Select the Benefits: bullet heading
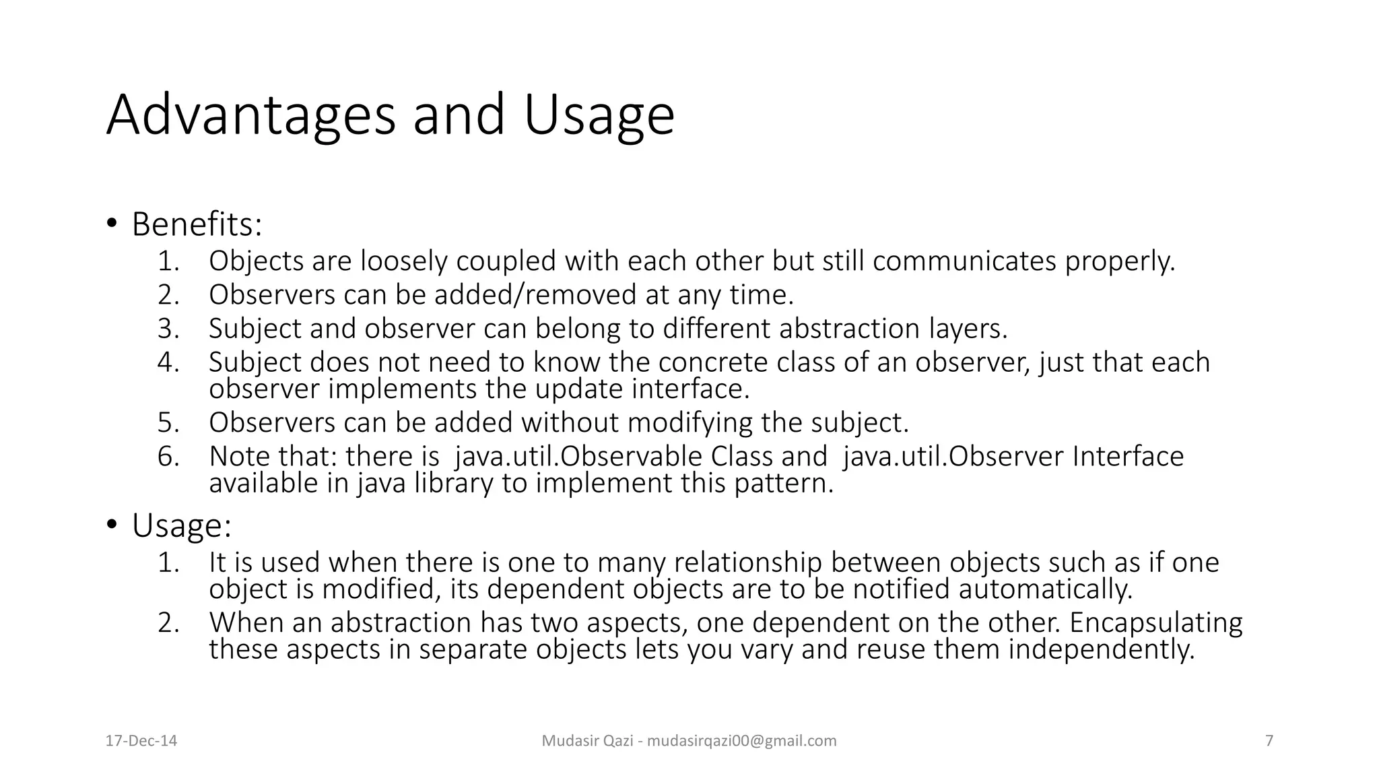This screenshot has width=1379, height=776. pyautogui.click(x=197, y=224)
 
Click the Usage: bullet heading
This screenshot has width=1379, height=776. pyautogui.click(x=182, y=525)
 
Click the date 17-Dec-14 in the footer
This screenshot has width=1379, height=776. pyautogui.click(x=141, y=741)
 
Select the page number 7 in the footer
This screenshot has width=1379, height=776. pyautogui.click(x=1269, y=741)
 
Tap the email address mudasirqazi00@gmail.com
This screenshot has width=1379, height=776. pyautogui.click(x=741, y=741)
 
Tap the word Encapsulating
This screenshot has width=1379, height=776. pyautogui.click(x=1155, y=622)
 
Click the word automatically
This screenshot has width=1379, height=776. pyautogui.click(x=1045, y=589)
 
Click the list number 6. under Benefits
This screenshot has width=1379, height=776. pyautogui.click(x=168, y=457)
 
